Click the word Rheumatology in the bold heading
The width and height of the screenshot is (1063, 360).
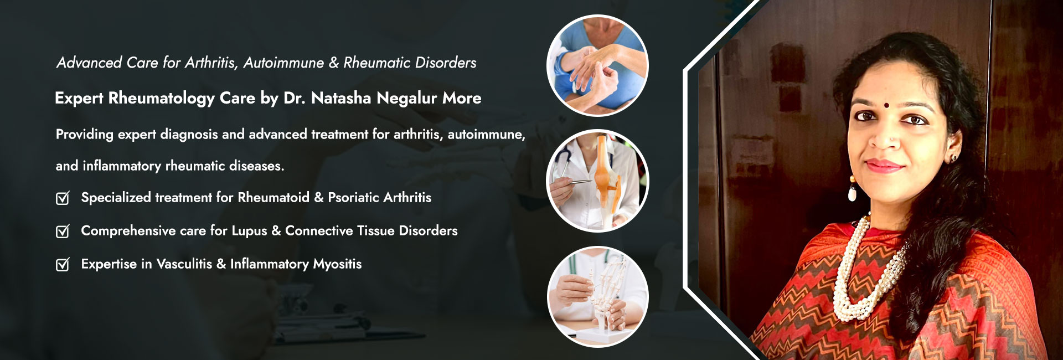(x=161, y=99)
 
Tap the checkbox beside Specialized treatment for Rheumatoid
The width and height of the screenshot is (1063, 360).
(x=63, y=198)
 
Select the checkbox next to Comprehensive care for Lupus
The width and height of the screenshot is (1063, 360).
(x=63, y=231)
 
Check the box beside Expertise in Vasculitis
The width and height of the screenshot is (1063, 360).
(x=63, y=264)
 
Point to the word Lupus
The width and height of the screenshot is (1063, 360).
(x=249, y=232)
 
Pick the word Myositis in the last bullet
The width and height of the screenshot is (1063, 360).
(x=337, y=265)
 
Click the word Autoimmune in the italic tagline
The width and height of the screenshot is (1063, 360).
(x=283, y=63)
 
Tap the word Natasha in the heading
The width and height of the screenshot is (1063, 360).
(x=341, y=98)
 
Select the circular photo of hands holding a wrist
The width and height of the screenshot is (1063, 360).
(x=597, y=65)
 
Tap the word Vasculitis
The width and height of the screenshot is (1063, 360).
(x=184, y=264)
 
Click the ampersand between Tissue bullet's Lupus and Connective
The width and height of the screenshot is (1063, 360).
(x=276, y=231)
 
